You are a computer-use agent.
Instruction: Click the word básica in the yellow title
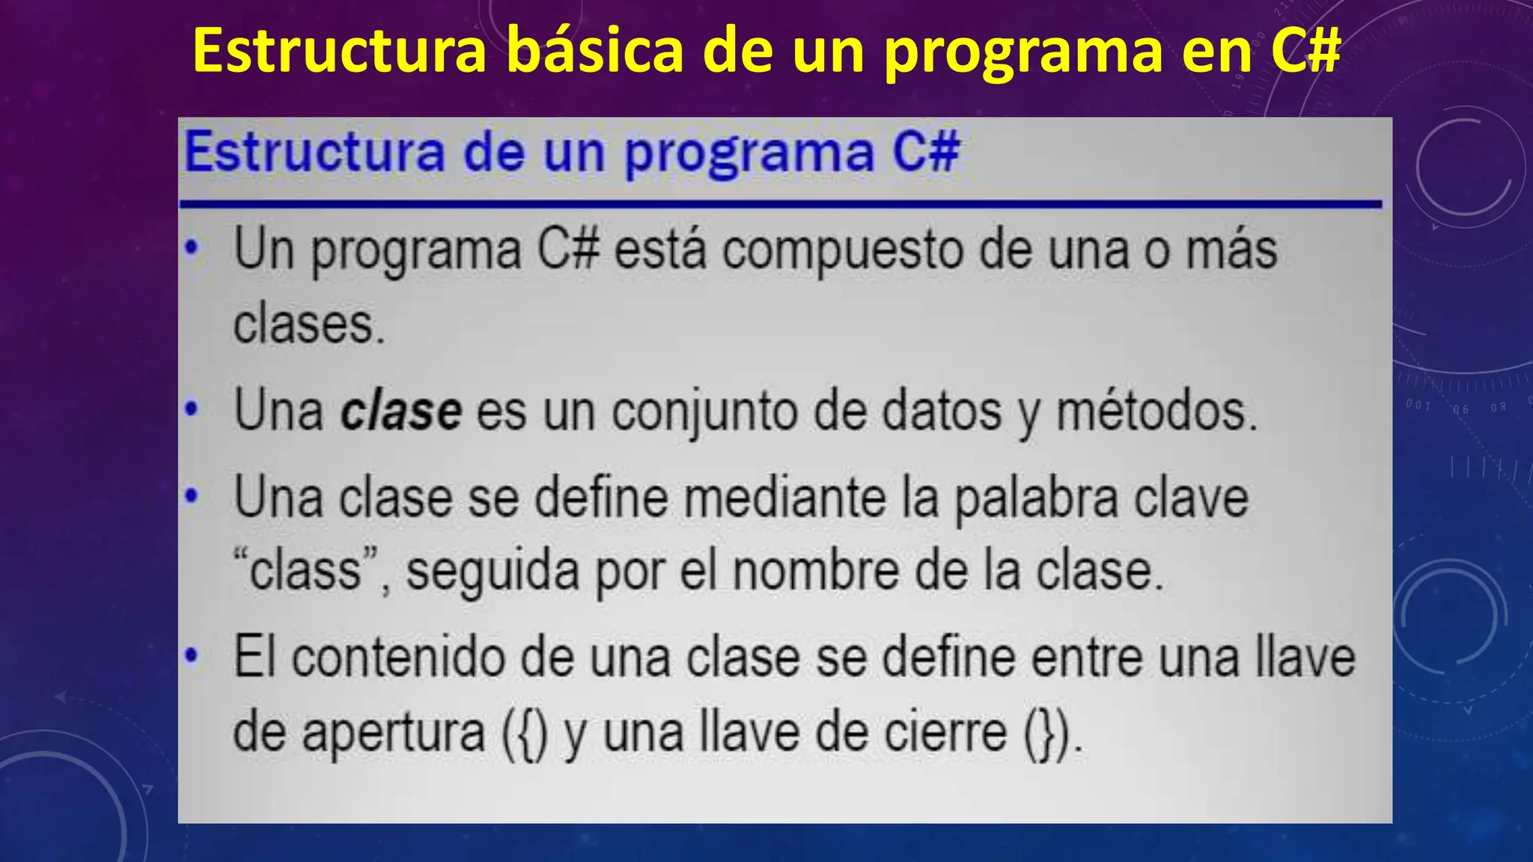point(594,51)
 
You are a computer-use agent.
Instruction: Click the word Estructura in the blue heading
point(315,152)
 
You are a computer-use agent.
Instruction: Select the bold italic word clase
point(400,411)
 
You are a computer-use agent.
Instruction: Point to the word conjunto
point(704,412)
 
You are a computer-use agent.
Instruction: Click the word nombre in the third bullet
point(816,571)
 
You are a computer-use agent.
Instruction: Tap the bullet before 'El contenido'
point(192,655)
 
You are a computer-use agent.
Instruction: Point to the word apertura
point(393,733)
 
